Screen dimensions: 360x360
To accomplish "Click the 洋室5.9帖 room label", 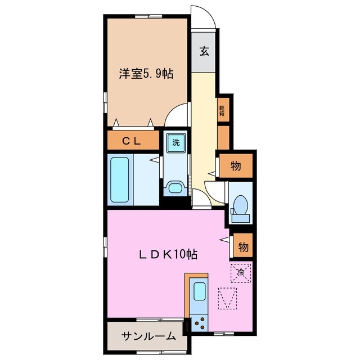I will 145,74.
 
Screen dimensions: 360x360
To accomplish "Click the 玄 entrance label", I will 204,52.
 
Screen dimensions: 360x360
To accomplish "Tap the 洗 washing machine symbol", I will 176,142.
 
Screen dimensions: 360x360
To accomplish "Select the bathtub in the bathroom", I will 119,180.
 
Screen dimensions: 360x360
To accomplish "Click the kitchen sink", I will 199,292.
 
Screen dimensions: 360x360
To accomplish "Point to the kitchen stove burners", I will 199,323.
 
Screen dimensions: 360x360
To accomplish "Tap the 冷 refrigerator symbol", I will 240,273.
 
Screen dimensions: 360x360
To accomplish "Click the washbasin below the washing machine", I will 176,187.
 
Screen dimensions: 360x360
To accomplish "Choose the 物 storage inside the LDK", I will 243,247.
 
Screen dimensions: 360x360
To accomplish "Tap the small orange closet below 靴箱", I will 223,137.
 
